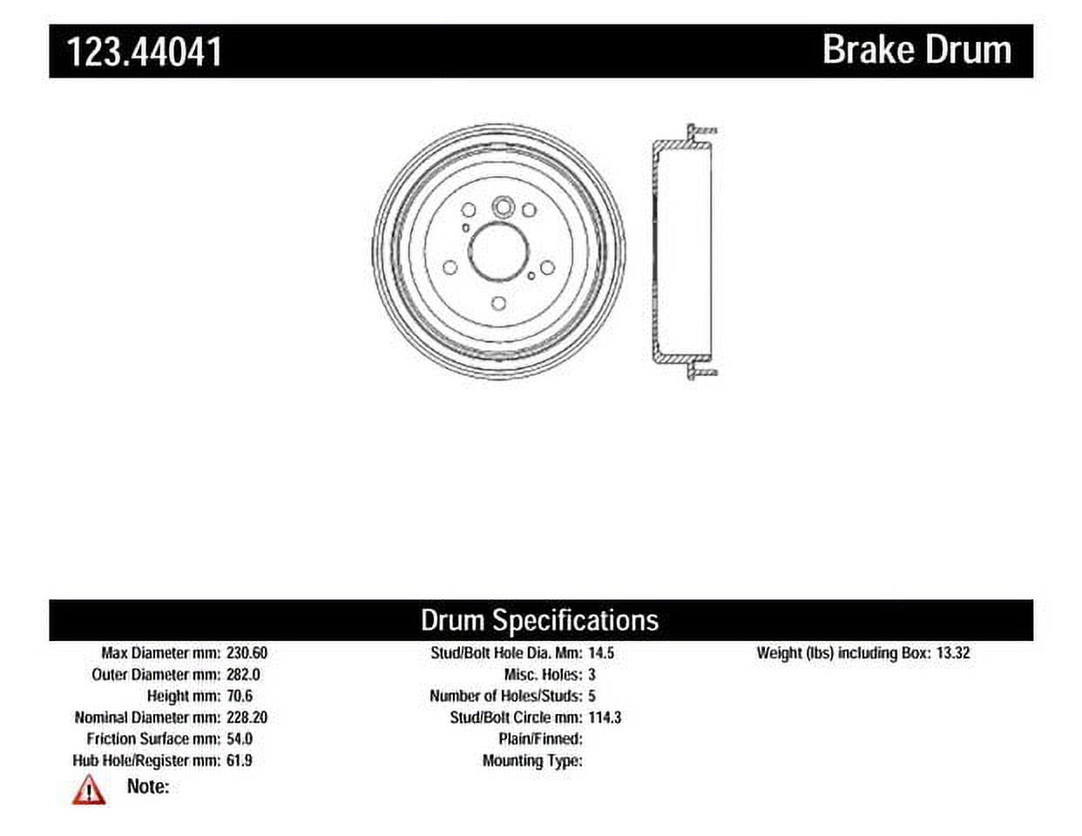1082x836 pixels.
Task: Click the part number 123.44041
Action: [x=145, y=51]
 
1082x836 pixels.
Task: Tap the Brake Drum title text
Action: [x=916, y=50]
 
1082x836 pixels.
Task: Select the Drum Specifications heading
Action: [x=539, y=620]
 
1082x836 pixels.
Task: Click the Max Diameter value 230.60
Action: [x=247, y=652]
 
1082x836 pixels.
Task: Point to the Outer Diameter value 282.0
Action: [x=243, y=674]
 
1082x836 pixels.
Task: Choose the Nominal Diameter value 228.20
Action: [x=247, y=718]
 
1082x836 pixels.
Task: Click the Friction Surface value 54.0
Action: [x=239, y=738]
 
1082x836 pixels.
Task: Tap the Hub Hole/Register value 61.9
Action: [x=239, y=760]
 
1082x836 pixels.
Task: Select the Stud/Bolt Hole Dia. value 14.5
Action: [x=601, y=652]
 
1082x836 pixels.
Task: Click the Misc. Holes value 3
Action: [x=592, y=674]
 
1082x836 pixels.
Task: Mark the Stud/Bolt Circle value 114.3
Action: [x=605, y=718]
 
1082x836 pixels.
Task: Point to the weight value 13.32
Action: [x=952, y=652]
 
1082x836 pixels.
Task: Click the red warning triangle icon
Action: [x=89, y=790]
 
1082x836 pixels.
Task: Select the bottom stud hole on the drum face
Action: [x=498, y=303]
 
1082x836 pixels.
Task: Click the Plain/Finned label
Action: [x=539, y=738]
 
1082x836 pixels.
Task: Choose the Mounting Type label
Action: [x=532, y=760]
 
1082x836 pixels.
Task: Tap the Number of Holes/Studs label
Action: [x=505, y=696]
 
